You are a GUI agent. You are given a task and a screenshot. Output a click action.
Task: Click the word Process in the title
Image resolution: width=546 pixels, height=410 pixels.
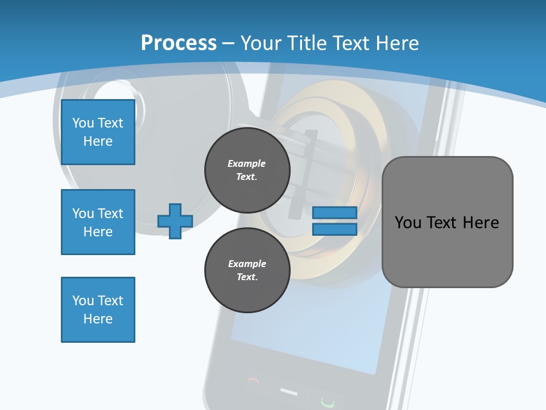(x=179, y=43)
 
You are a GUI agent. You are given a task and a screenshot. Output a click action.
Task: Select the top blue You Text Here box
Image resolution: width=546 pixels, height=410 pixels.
(x=98, y=132)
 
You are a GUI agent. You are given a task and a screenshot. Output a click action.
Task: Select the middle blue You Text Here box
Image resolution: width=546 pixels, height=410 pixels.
(x=98, y=222)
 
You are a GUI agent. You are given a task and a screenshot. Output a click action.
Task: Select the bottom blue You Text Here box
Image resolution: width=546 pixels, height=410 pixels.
(x=98, y=310)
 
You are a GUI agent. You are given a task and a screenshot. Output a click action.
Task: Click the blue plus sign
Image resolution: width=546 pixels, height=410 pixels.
(x=175, y=221)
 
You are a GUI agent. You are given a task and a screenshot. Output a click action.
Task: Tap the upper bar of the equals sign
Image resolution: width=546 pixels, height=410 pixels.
(x=334, y=212)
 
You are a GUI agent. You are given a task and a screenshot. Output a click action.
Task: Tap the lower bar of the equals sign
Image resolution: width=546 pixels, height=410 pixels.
(x=334, y=229)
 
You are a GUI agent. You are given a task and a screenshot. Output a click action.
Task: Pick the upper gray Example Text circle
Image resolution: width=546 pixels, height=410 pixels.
(x=247, y=170)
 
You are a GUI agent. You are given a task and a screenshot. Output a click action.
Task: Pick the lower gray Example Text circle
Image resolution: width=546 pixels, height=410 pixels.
(x=247, y=270)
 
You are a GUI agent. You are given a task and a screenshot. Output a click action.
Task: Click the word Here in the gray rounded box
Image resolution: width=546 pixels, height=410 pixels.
(x=481, y=223)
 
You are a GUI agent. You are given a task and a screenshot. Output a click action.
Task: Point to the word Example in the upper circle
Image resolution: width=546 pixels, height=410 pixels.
(x=246, y=163)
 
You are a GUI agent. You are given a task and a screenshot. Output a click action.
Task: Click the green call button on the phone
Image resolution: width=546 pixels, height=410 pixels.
(x=326, y=402)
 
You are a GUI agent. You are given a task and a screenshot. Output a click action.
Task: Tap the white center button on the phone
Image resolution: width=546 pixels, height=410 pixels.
(x=289, y=392)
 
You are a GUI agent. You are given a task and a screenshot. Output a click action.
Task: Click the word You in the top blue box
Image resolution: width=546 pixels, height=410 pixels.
(x=83, y=123)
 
